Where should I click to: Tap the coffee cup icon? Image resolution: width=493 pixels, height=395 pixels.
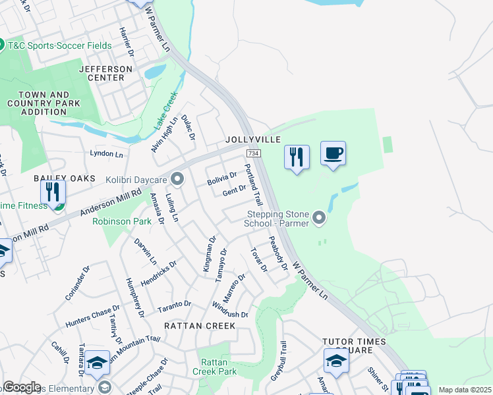click(x=333, y=154)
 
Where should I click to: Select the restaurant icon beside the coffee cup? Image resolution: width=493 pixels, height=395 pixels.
click(x=297, y=157)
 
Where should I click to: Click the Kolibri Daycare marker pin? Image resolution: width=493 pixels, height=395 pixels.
click(x=177, y=179)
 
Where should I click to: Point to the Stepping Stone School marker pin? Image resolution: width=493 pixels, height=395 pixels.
click(x=320, y=217)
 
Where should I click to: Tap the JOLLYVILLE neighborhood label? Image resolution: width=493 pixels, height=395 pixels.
click(x=253, y=140)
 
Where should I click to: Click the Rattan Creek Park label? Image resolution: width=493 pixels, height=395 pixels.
click(x=219, y=367)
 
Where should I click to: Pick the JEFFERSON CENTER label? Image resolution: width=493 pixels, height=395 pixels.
click(x=105, y=73)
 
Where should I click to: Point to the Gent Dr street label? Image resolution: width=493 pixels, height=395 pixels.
click(x=234, y=191)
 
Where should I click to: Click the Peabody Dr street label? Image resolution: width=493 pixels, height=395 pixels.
click(x=278, y=253)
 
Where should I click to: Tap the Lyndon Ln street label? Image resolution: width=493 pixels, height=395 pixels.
click(x=107, y=154)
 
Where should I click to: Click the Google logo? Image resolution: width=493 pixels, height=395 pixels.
click(x=22, y=387)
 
